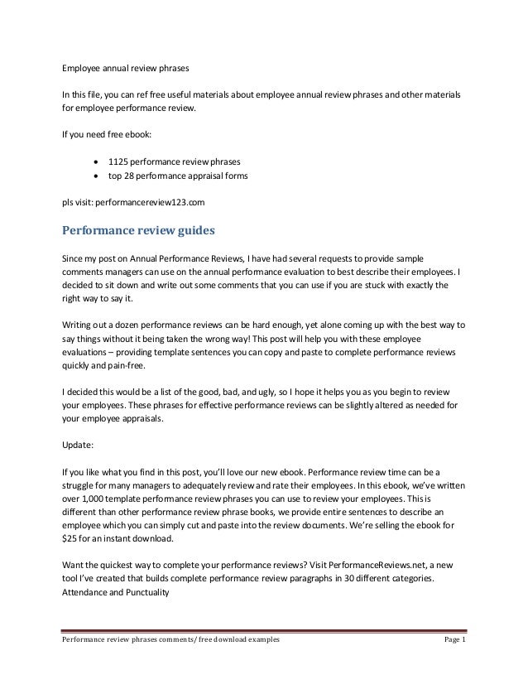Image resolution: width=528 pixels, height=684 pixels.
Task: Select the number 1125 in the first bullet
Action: tap(131, 159)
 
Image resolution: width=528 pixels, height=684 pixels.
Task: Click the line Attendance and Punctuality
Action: tap(116, 592)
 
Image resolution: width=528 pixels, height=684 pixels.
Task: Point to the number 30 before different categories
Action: tap(352, 578)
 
